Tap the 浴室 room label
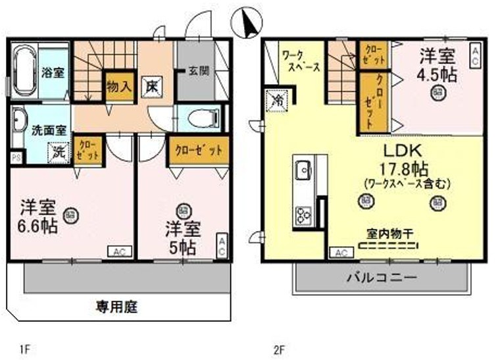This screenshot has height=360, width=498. pyautogui.click(x=54, y=72)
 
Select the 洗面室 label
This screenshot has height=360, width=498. pyautogui.click(x=44, y=129)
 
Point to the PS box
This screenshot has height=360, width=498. pyautogui.click(x=16, y=158)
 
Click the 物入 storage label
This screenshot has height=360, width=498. pyautogui.click(x=120, y=86)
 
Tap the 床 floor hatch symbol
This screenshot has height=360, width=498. pyautogui.click(x=151, y=86)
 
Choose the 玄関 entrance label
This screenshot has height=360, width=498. pyautogui.click(x=197, y=71)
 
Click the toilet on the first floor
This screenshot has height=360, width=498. pyautogui.click(x=200, y=118)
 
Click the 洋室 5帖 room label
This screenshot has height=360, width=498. pyautogui.click(x=180, y=238)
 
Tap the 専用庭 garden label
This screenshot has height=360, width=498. pyautogui.click(x=118, y=306)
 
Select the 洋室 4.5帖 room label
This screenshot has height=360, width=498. pyautogui.click(x=435, y=64)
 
